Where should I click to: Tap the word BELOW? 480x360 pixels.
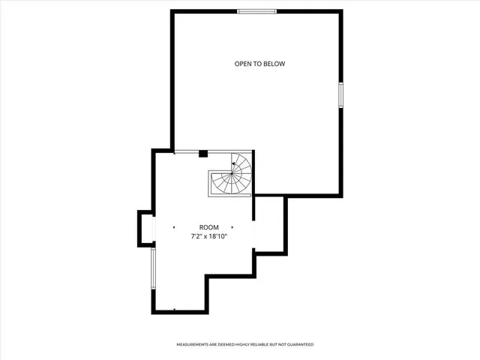(x=274, y=64)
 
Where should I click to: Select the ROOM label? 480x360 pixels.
(x=208, y=227)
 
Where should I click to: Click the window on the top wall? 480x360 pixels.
(x=257, y=11)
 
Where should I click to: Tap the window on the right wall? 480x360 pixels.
(x=341, y=95)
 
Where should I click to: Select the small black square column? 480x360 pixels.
(x=202, y=154)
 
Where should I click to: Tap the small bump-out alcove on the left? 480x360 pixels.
(x=145, y=229)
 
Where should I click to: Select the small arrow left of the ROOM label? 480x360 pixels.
(x=174, y=227)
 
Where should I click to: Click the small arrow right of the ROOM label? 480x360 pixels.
(x=232, y=227)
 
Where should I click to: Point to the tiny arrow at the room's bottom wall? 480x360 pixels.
(x=175, y=309)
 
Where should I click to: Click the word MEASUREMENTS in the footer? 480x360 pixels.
(x=193, y=344)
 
